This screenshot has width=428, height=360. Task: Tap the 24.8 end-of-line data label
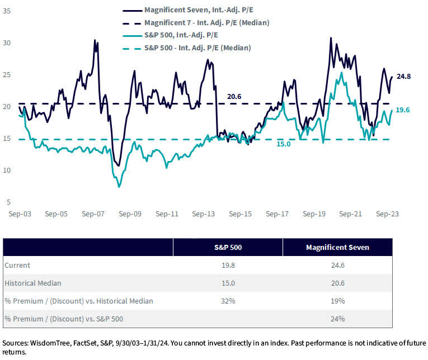click(x=403, y=76)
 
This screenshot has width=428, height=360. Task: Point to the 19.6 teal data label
click(x=403, y=110)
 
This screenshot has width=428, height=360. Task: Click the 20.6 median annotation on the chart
click(x=234, y=96)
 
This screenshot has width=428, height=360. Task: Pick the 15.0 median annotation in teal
click(x=284, y=144)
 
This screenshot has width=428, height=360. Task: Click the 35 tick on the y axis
click(x=7, y=10)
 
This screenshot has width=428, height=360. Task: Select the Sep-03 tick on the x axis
click(x=19, y=214)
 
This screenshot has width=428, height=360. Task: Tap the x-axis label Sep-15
click(x=239, y=214)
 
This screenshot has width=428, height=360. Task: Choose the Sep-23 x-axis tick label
click(x=387, y=214)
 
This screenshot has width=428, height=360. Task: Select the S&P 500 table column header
click(x=228, y=247)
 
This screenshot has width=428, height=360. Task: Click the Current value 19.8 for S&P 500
click(x=228, y=265)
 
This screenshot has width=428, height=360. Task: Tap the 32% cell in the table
click(x=228, y=301)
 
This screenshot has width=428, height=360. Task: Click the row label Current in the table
click(x=17, y=265)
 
